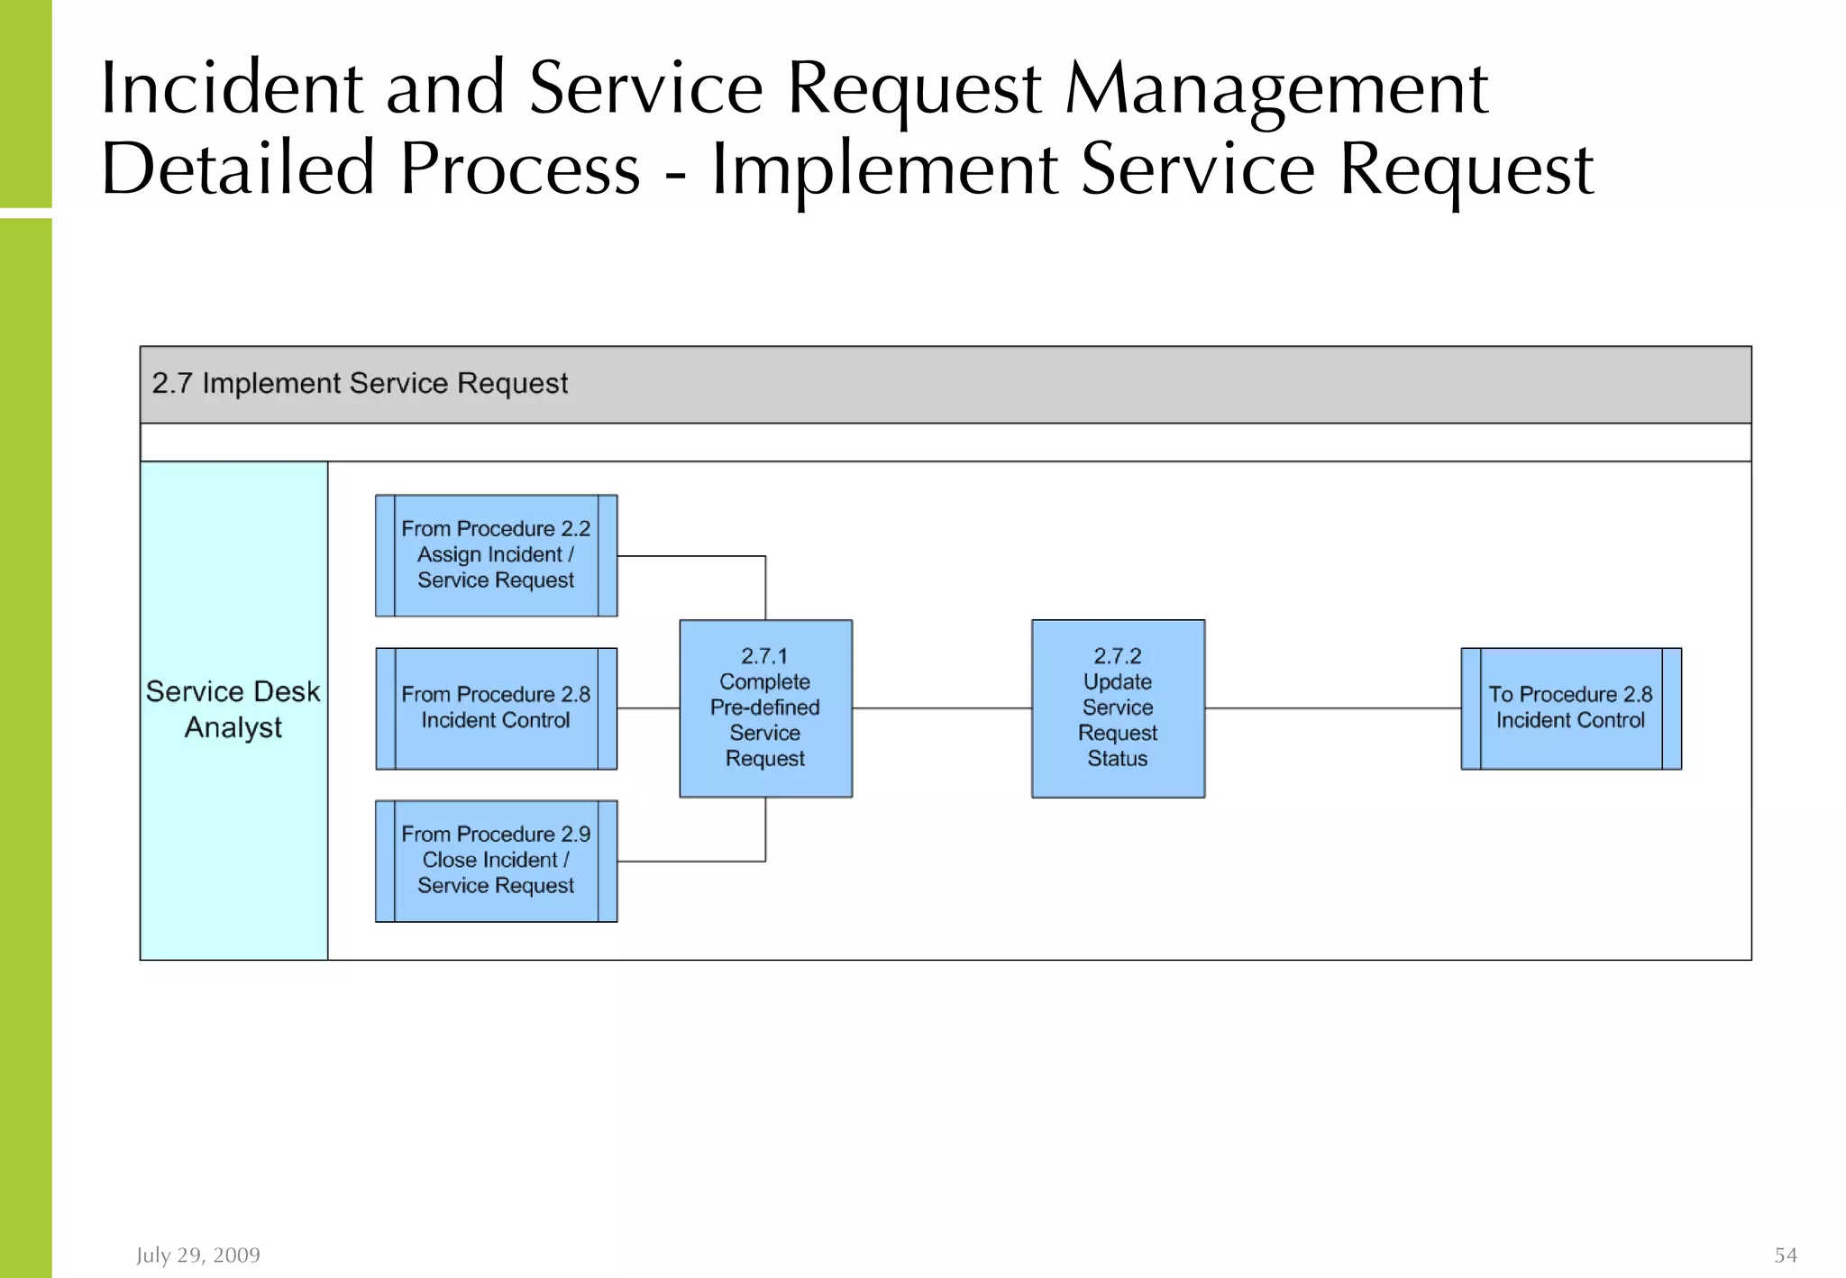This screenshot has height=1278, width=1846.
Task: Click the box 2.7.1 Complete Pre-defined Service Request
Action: (765, 708)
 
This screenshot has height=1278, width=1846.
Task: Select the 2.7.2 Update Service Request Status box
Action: (1118, 708)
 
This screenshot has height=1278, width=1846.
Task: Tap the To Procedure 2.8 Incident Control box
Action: (1570, 708)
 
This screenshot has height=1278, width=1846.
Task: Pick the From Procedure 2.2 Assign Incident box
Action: (496, 555)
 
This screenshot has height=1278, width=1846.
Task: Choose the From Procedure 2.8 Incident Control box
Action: (496, 708)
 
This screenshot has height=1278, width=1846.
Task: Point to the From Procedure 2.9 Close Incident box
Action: (496, 861)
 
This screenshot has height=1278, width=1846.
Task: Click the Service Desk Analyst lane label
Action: (233, 709)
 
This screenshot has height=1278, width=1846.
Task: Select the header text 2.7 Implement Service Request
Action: (360, 384)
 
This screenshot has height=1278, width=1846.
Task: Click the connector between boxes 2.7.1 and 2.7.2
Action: (942, 708)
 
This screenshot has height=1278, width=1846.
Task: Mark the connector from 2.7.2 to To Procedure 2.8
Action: (1332, 708)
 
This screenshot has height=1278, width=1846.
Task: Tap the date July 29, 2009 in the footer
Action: (198, 1255)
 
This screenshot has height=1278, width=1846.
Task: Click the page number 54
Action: (1786, 1255)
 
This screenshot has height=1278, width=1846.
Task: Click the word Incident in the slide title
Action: (232, 88)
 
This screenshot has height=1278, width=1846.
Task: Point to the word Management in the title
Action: (1275, 90)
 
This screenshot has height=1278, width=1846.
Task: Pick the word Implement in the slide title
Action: (884, 170)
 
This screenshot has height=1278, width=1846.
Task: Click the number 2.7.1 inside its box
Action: (764, 656)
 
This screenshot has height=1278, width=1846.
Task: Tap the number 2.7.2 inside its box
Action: (1118, 656)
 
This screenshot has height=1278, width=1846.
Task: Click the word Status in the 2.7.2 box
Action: (1118, 759)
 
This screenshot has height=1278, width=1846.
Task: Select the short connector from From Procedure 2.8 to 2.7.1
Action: (648, 708)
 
